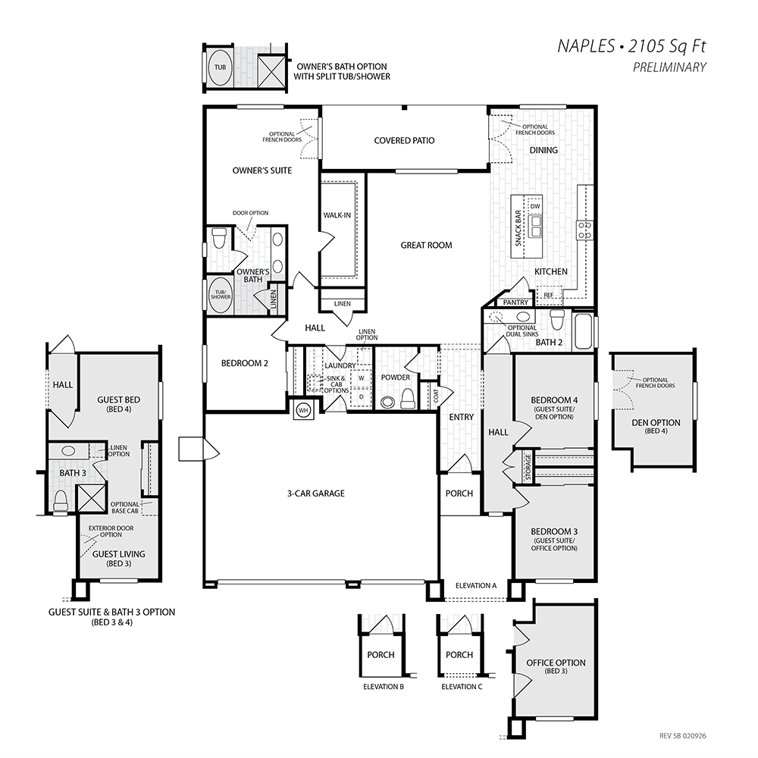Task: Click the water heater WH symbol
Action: [x=303, y=410]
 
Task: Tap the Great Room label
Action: [x=426, y=245]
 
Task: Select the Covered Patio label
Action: [x=404, y=141]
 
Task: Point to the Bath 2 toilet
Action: [x=558, y=320]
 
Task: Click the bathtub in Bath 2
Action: [x=582, y=331]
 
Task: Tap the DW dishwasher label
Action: [x=534, y=206]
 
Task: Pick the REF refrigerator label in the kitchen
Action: [x=549, y=295]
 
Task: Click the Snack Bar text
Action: [x=518, y=227]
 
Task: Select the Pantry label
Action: [x=515, y=302]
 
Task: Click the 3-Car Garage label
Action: [x=316, y=493]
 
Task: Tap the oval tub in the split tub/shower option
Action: [x=220, y=67]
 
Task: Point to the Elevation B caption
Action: [x=384, y=687]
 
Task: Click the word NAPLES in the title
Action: [x=585, y=46]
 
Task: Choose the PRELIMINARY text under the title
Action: [x=669, y=67]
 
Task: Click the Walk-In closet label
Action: [x=337, y=215]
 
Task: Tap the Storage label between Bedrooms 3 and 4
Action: [x=528, y=467]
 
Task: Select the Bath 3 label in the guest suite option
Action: [x=73, y=473]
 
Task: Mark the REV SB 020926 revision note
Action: [x=683, y=736]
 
